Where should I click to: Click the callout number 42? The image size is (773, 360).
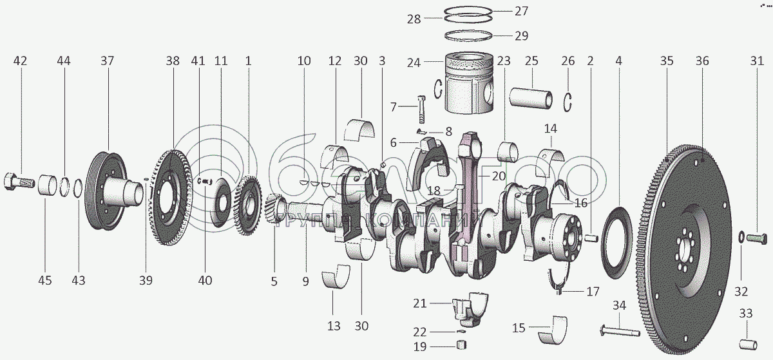[20, 61]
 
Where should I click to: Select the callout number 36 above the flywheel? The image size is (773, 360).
[701, 61]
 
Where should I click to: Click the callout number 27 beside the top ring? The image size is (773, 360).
[520, 11]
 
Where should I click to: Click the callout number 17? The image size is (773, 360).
[593, 290]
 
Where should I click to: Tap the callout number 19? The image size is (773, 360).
[420, 347]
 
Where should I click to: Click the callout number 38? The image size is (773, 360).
[172, 61]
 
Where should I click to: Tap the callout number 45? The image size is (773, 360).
[44, 280]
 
